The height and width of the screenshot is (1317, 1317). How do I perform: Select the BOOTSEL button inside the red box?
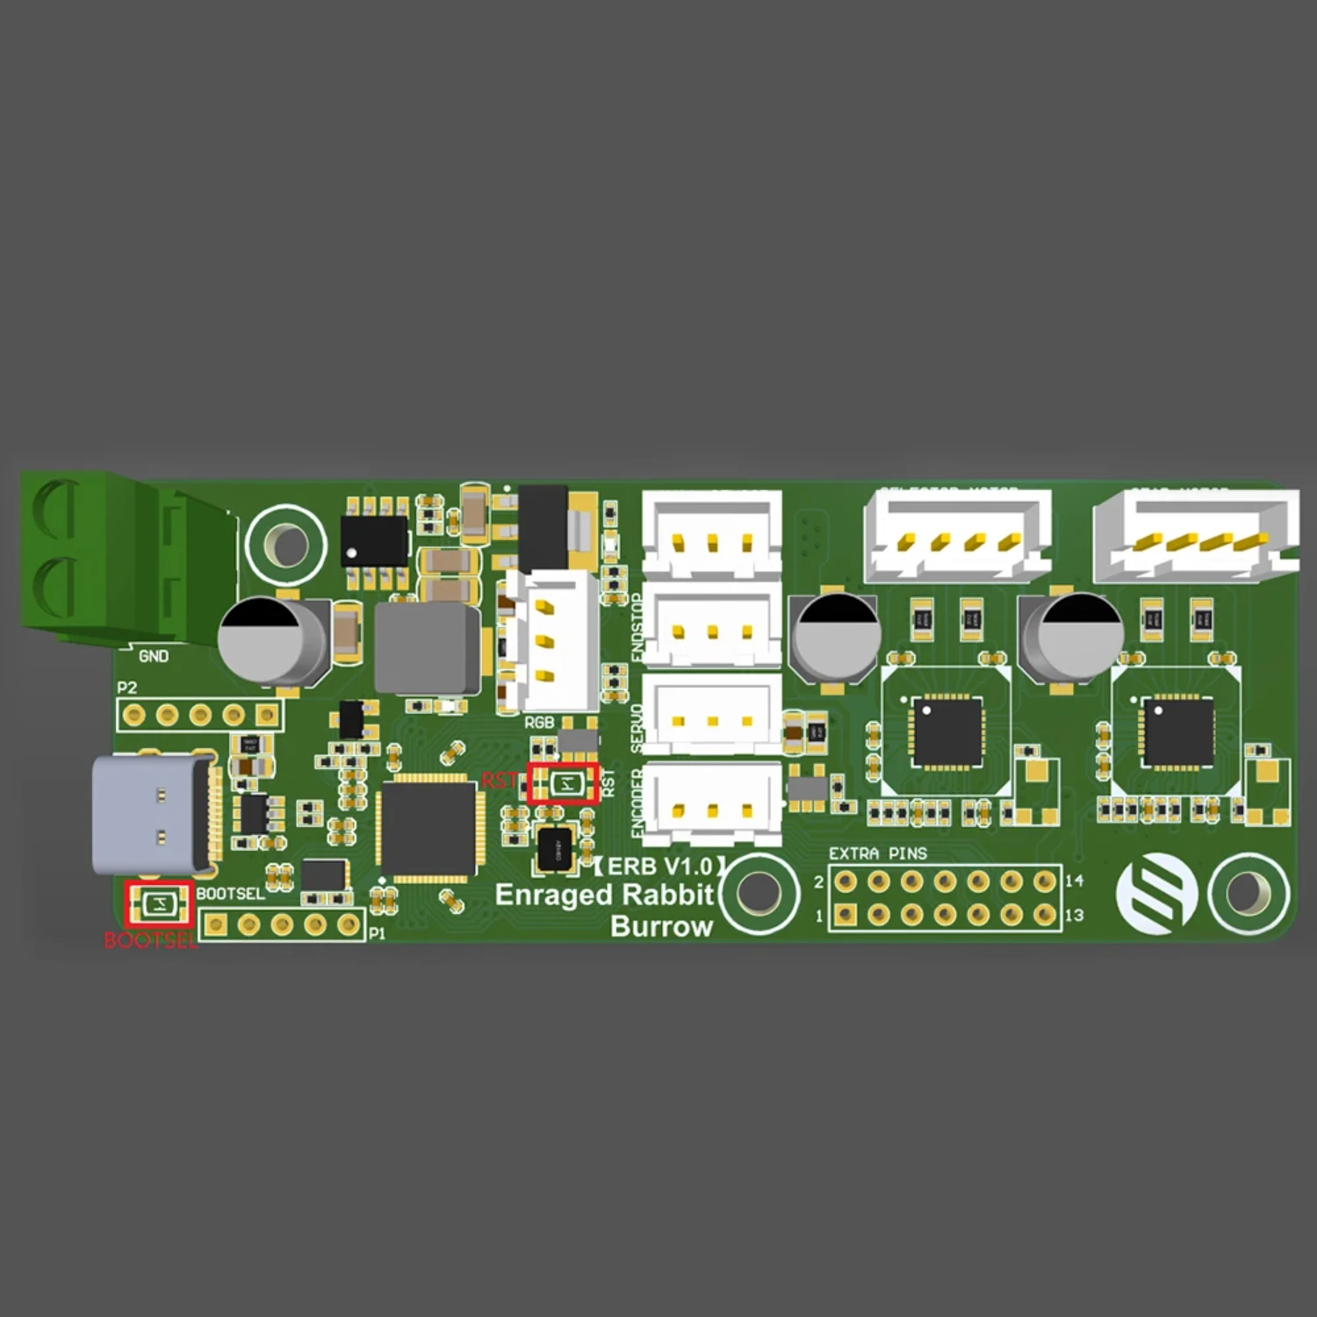(x=158, y=904)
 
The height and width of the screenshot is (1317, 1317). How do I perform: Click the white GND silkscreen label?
(x=154, y=657)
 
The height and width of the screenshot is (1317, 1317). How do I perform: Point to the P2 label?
(x=127, y=687)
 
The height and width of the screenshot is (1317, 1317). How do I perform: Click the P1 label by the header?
(x=377, y=933)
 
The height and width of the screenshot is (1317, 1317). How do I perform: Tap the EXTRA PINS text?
(x=877, y=853)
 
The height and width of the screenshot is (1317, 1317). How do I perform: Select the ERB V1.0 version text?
(x=660, y=867)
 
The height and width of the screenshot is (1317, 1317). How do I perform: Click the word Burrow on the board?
(x=661, y=927)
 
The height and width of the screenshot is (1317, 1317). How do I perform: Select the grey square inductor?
(x=427, y=648)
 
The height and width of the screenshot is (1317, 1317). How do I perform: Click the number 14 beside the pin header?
(x=1075, y=881)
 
